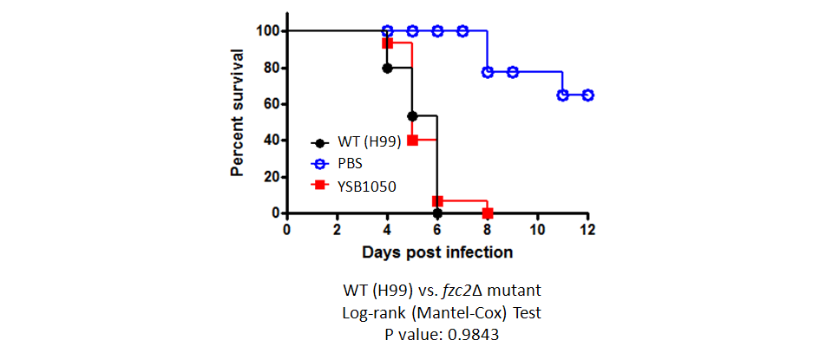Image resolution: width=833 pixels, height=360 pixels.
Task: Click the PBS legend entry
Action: (x=337, y=164)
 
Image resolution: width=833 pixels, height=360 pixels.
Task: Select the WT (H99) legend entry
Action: (x=356, y=143)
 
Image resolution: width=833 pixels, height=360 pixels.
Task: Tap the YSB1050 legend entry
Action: (x=353, y=186)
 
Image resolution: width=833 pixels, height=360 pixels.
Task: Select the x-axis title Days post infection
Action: (x=437, y=252)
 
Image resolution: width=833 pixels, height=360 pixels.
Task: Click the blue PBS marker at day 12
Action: (x=587, y=95)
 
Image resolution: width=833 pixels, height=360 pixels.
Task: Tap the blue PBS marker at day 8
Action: (x=487, y=72)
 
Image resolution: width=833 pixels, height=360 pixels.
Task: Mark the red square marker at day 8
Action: (x=487, y=213)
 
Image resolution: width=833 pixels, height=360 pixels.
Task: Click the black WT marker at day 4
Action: (x=387, y=68)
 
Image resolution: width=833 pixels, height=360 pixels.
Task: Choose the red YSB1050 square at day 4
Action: (x=387, y=43)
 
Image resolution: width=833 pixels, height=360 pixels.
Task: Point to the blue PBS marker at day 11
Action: (x=562, y=95)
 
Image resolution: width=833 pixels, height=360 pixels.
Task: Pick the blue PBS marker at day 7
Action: (x=462, y=31)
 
